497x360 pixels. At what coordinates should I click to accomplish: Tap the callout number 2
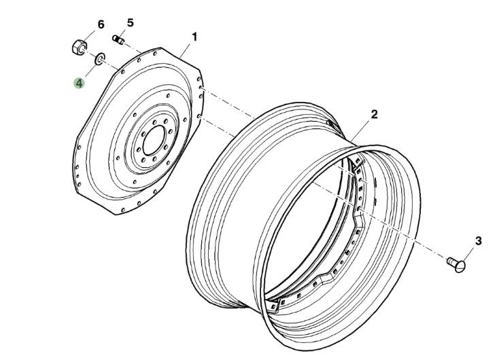tap(374, 115)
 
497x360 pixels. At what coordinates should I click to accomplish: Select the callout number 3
tap(478, 240)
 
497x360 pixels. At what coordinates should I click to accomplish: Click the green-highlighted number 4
tap(80, 83)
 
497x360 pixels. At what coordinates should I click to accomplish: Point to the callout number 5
tap(130, 22)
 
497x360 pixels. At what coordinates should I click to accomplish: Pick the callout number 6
tap(101, 24)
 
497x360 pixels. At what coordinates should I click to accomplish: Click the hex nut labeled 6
tap(78, 48)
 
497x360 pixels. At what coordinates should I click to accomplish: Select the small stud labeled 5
tap(119, 41)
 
